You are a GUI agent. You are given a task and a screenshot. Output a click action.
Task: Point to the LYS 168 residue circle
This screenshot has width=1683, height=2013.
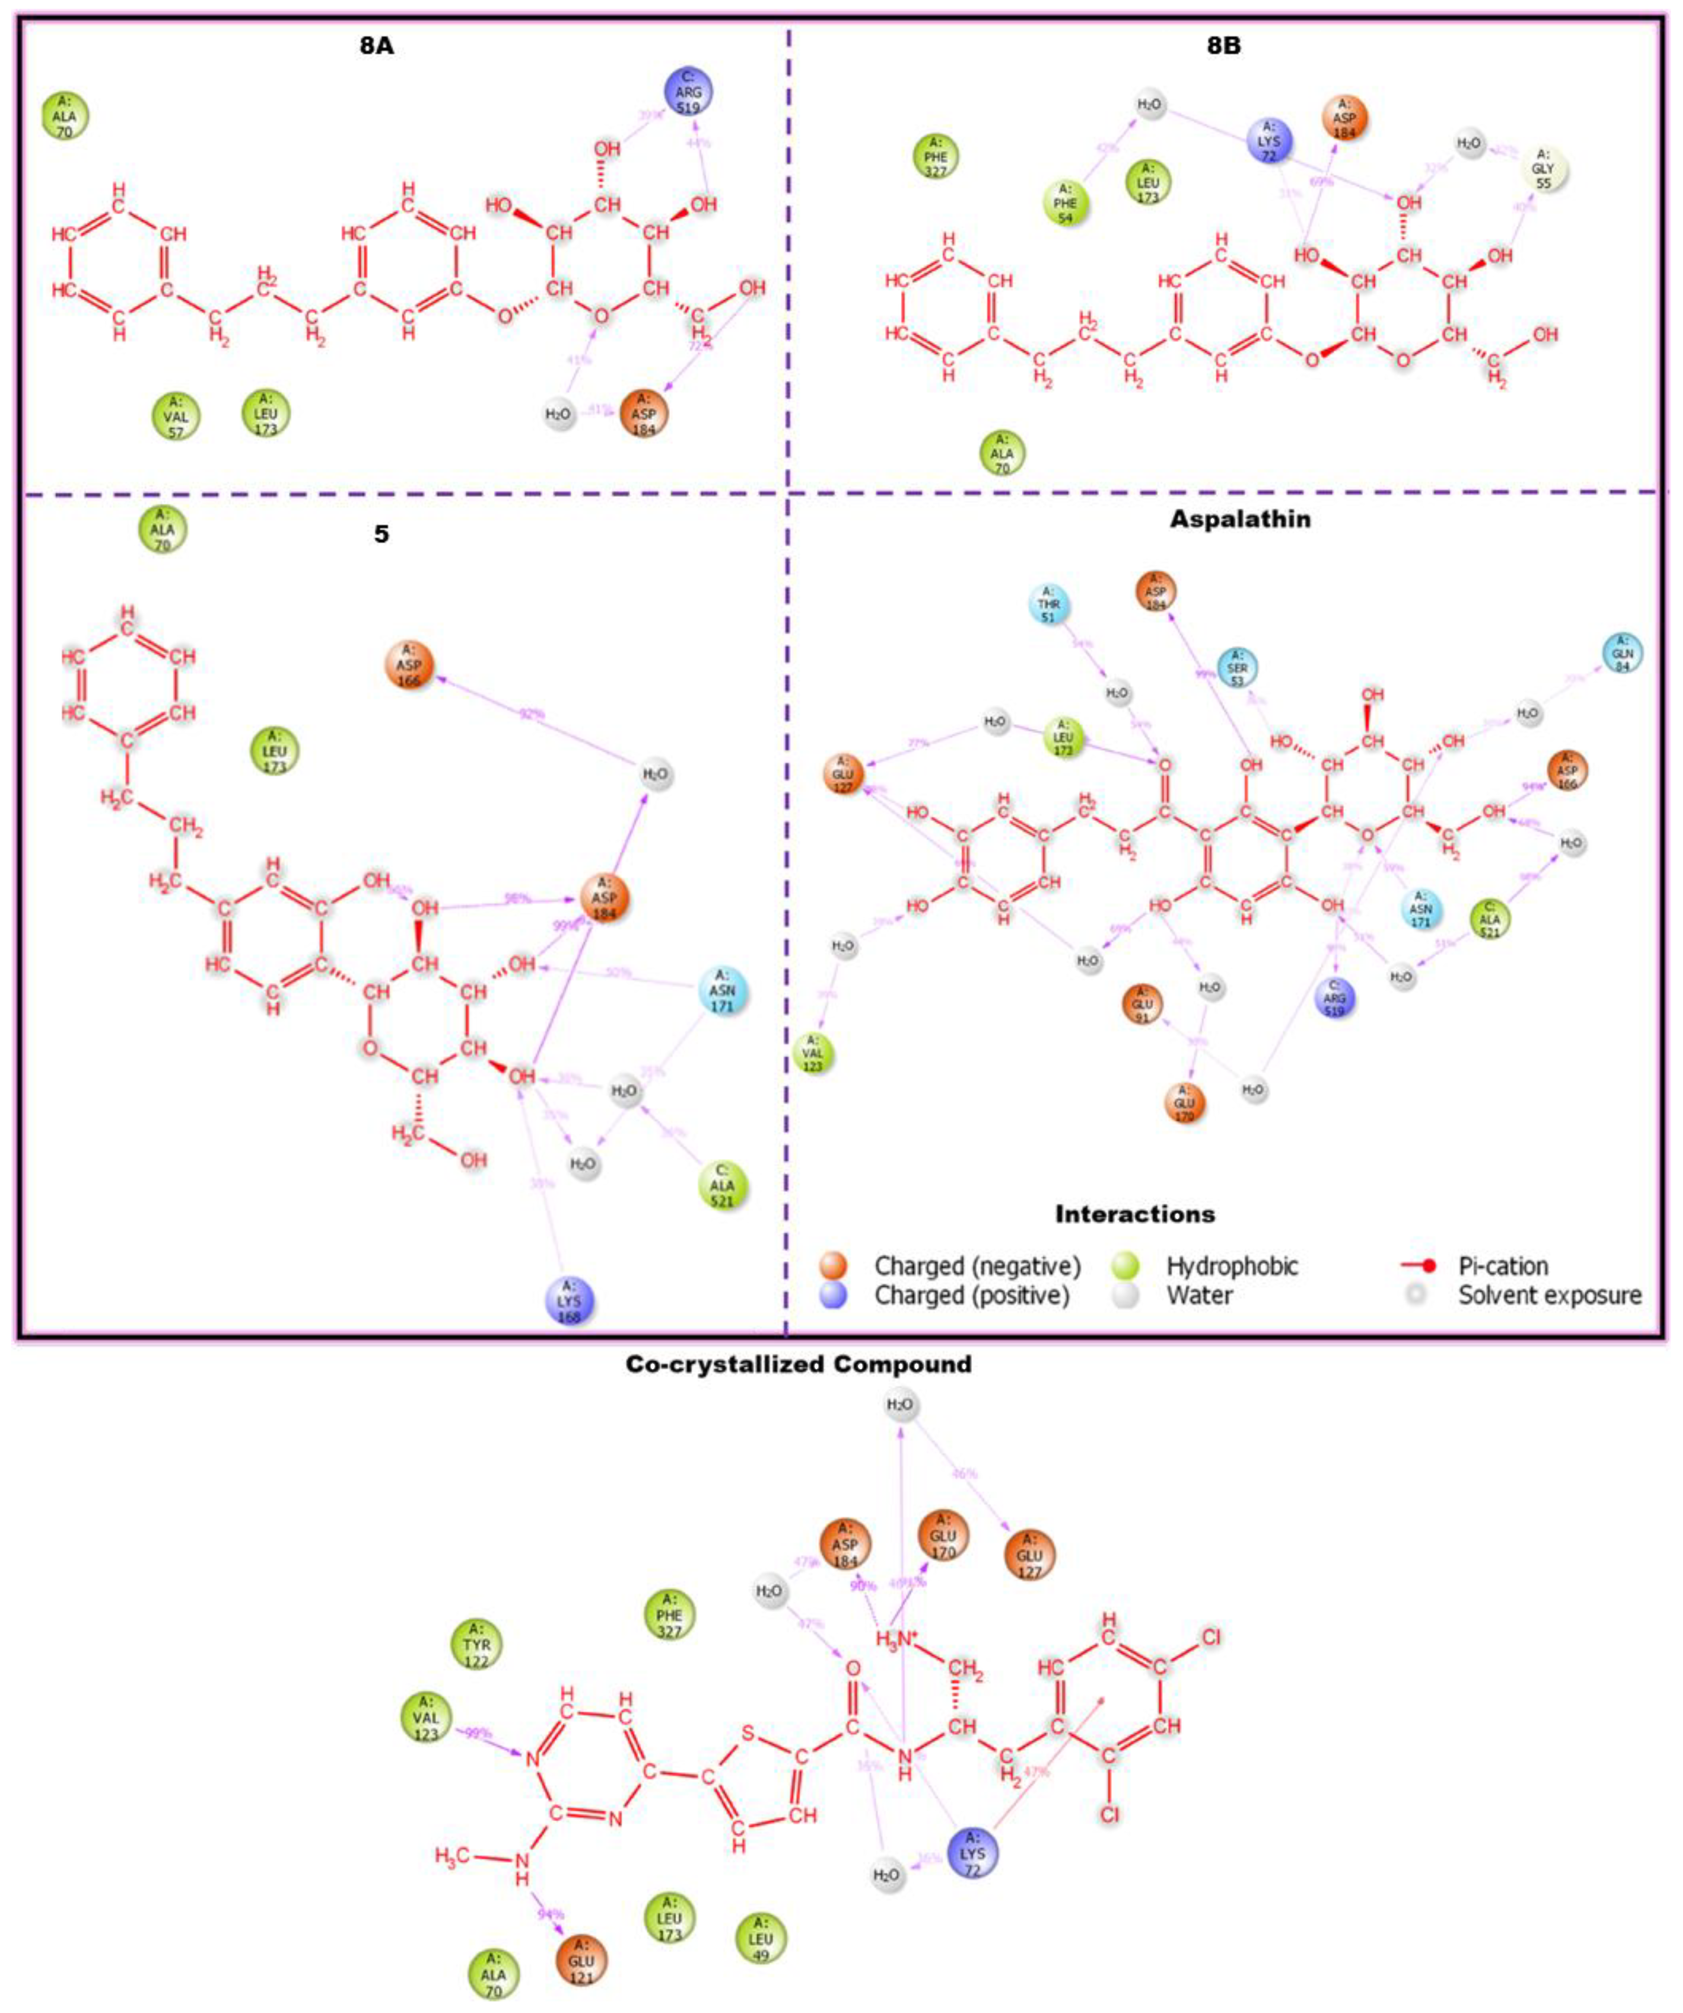(x=570, y=1301)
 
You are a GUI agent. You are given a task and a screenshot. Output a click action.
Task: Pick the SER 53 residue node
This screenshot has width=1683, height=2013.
(x=1237, y=668)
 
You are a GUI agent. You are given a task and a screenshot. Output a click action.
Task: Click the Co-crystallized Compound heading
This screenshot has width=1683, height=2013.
(x=798, y=1364)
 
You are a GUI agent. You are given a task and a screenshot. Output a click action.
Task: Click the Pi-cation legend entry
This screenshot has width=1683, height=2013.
(x=1502, y=1265)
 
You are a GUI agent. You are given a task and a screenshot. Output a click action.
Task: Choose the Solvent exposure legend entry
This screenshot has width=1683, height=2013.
(x=1549, y=1295)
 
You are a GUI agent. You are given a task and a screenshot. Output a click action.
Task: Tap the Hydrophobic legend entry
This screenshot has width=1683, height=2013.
(x=1231, y=1265)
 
